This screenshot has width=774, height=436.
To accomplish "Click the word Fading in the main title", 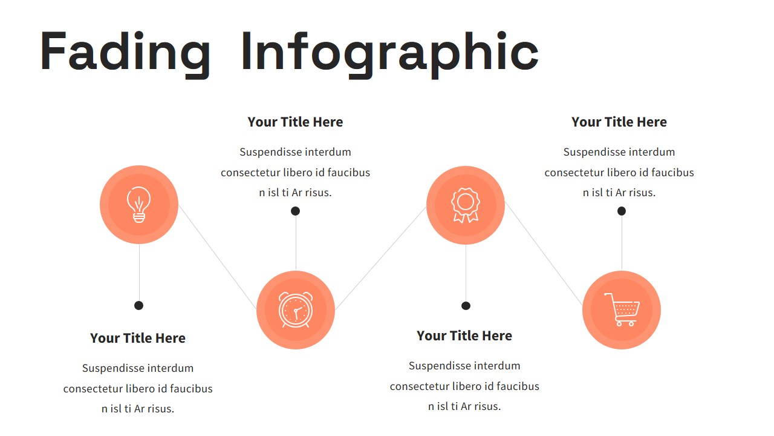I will [125, 53].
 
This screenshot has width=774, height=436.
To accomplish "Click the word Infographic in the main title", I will [389, 53].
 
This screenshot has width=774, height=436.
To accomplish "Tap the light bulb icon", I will [139, 205].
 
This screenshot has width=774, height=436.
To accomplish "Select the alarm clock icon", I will [296, 310].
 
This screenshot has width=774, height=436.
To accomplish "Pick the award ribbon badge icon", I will [465, 205].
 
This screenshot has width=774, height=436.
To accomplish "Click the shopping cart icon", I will [621, 309].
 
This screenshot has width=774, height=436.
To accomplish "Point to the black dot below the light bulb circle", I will [138, 305].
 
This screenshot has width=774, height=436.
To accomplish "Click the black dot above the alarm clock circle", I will [295, 211].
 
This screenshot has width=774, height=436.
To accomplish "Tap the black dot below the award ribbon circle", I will [466, 306].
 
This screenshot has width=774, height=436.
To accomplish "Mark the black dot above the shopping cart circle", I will [622, 211].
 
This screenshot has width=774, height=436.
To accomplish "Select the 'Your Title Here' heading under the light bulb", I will [138, 338].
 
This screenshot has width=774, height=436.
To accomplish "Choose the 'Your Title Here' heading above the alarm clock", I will [295, 122].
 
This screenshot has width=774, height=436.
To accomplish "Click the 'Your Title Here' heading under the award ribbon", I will [464, 335].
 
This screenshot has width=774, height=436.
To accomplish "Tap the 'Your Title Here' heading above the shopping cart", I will [619, 122].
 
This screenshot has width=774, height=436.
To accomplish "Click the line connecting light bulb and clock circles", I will [218, 257].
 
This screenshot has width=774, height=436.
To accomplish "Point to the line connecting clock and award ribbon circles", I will [381, 258].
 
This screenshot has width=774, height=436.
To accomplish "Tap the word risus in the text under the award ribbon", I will [484, 406].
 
